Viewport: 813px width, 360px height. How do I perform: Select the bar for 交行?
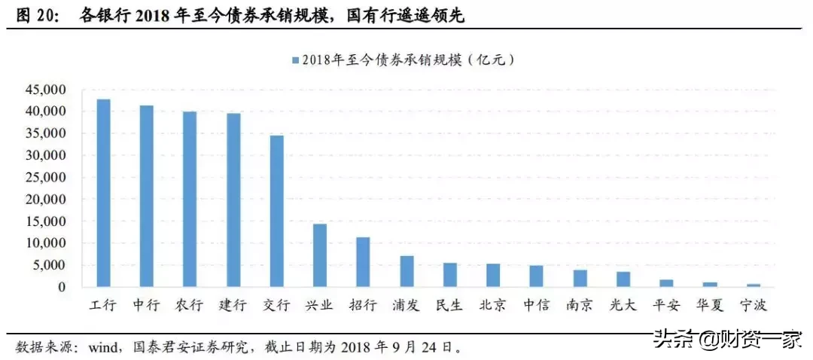[276, 212]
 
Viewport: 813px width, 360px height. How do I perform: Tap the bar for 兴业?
[320, 256]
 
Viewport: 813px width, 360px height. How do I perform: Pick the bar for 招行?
[363, 262]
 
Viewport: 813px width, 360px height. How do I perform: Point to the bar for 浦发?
[406, 272]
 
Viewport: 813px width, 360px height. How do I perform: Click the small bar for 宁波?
[753, 285]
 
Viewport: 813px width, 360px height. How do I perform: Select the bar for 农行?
[190, 200]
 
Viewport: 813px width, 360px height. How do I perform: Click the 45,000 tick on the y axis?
[46, 90]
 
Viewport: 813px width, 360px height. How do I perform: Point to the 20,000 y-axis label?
[46, 200]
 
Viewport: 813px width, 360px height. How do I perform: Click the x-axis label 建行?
[233, 306]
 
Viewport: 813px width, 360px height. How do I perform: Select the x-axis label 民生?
[449, 306]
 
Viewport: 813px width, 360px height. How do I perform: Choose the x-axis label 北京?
[492, 306]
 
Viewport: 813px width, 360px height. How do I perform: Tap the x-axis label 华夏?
[709, 306]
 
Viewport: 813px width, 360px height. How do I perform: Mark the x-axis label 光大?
[623, 306]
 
